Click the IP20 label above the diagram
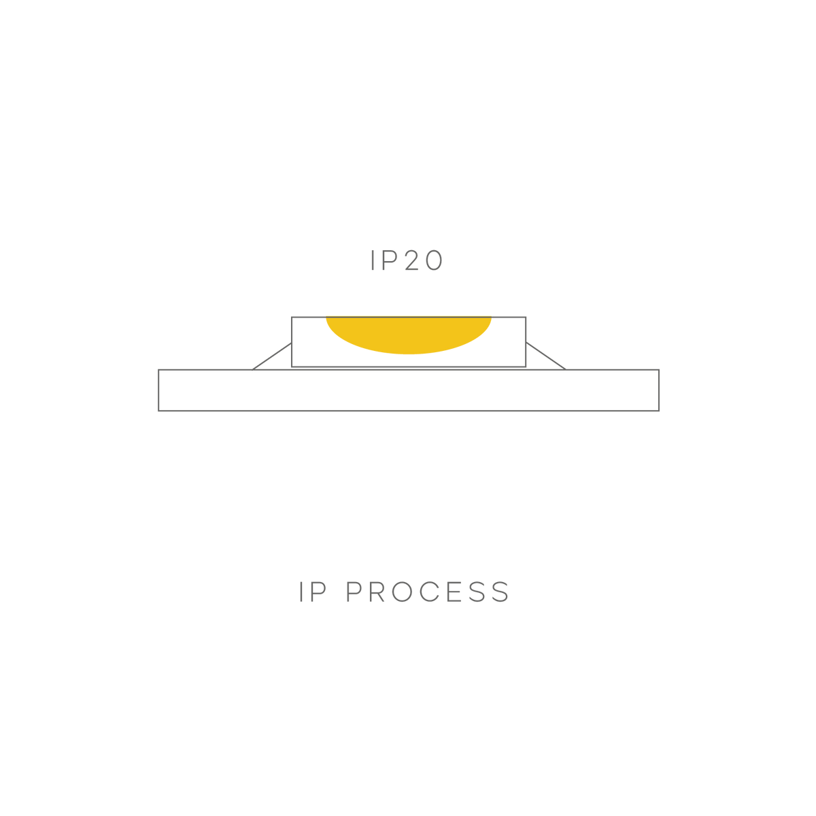(407, 261)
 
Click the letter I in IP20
(373, 261)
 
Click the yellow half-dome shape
(408, 335)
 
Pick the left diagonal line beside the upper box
(271, 356)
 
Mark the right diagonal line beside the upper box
(546, 356)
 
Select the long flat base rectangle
(408, 390)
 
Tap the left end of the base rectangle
(159, 390)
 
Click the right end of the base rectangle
(658, 390)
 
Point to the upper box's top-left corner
(291, 317)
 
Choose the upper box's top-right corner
(526, 317)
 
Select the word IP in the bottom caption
(312, 592)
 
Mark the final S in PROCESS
(500, 592)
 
